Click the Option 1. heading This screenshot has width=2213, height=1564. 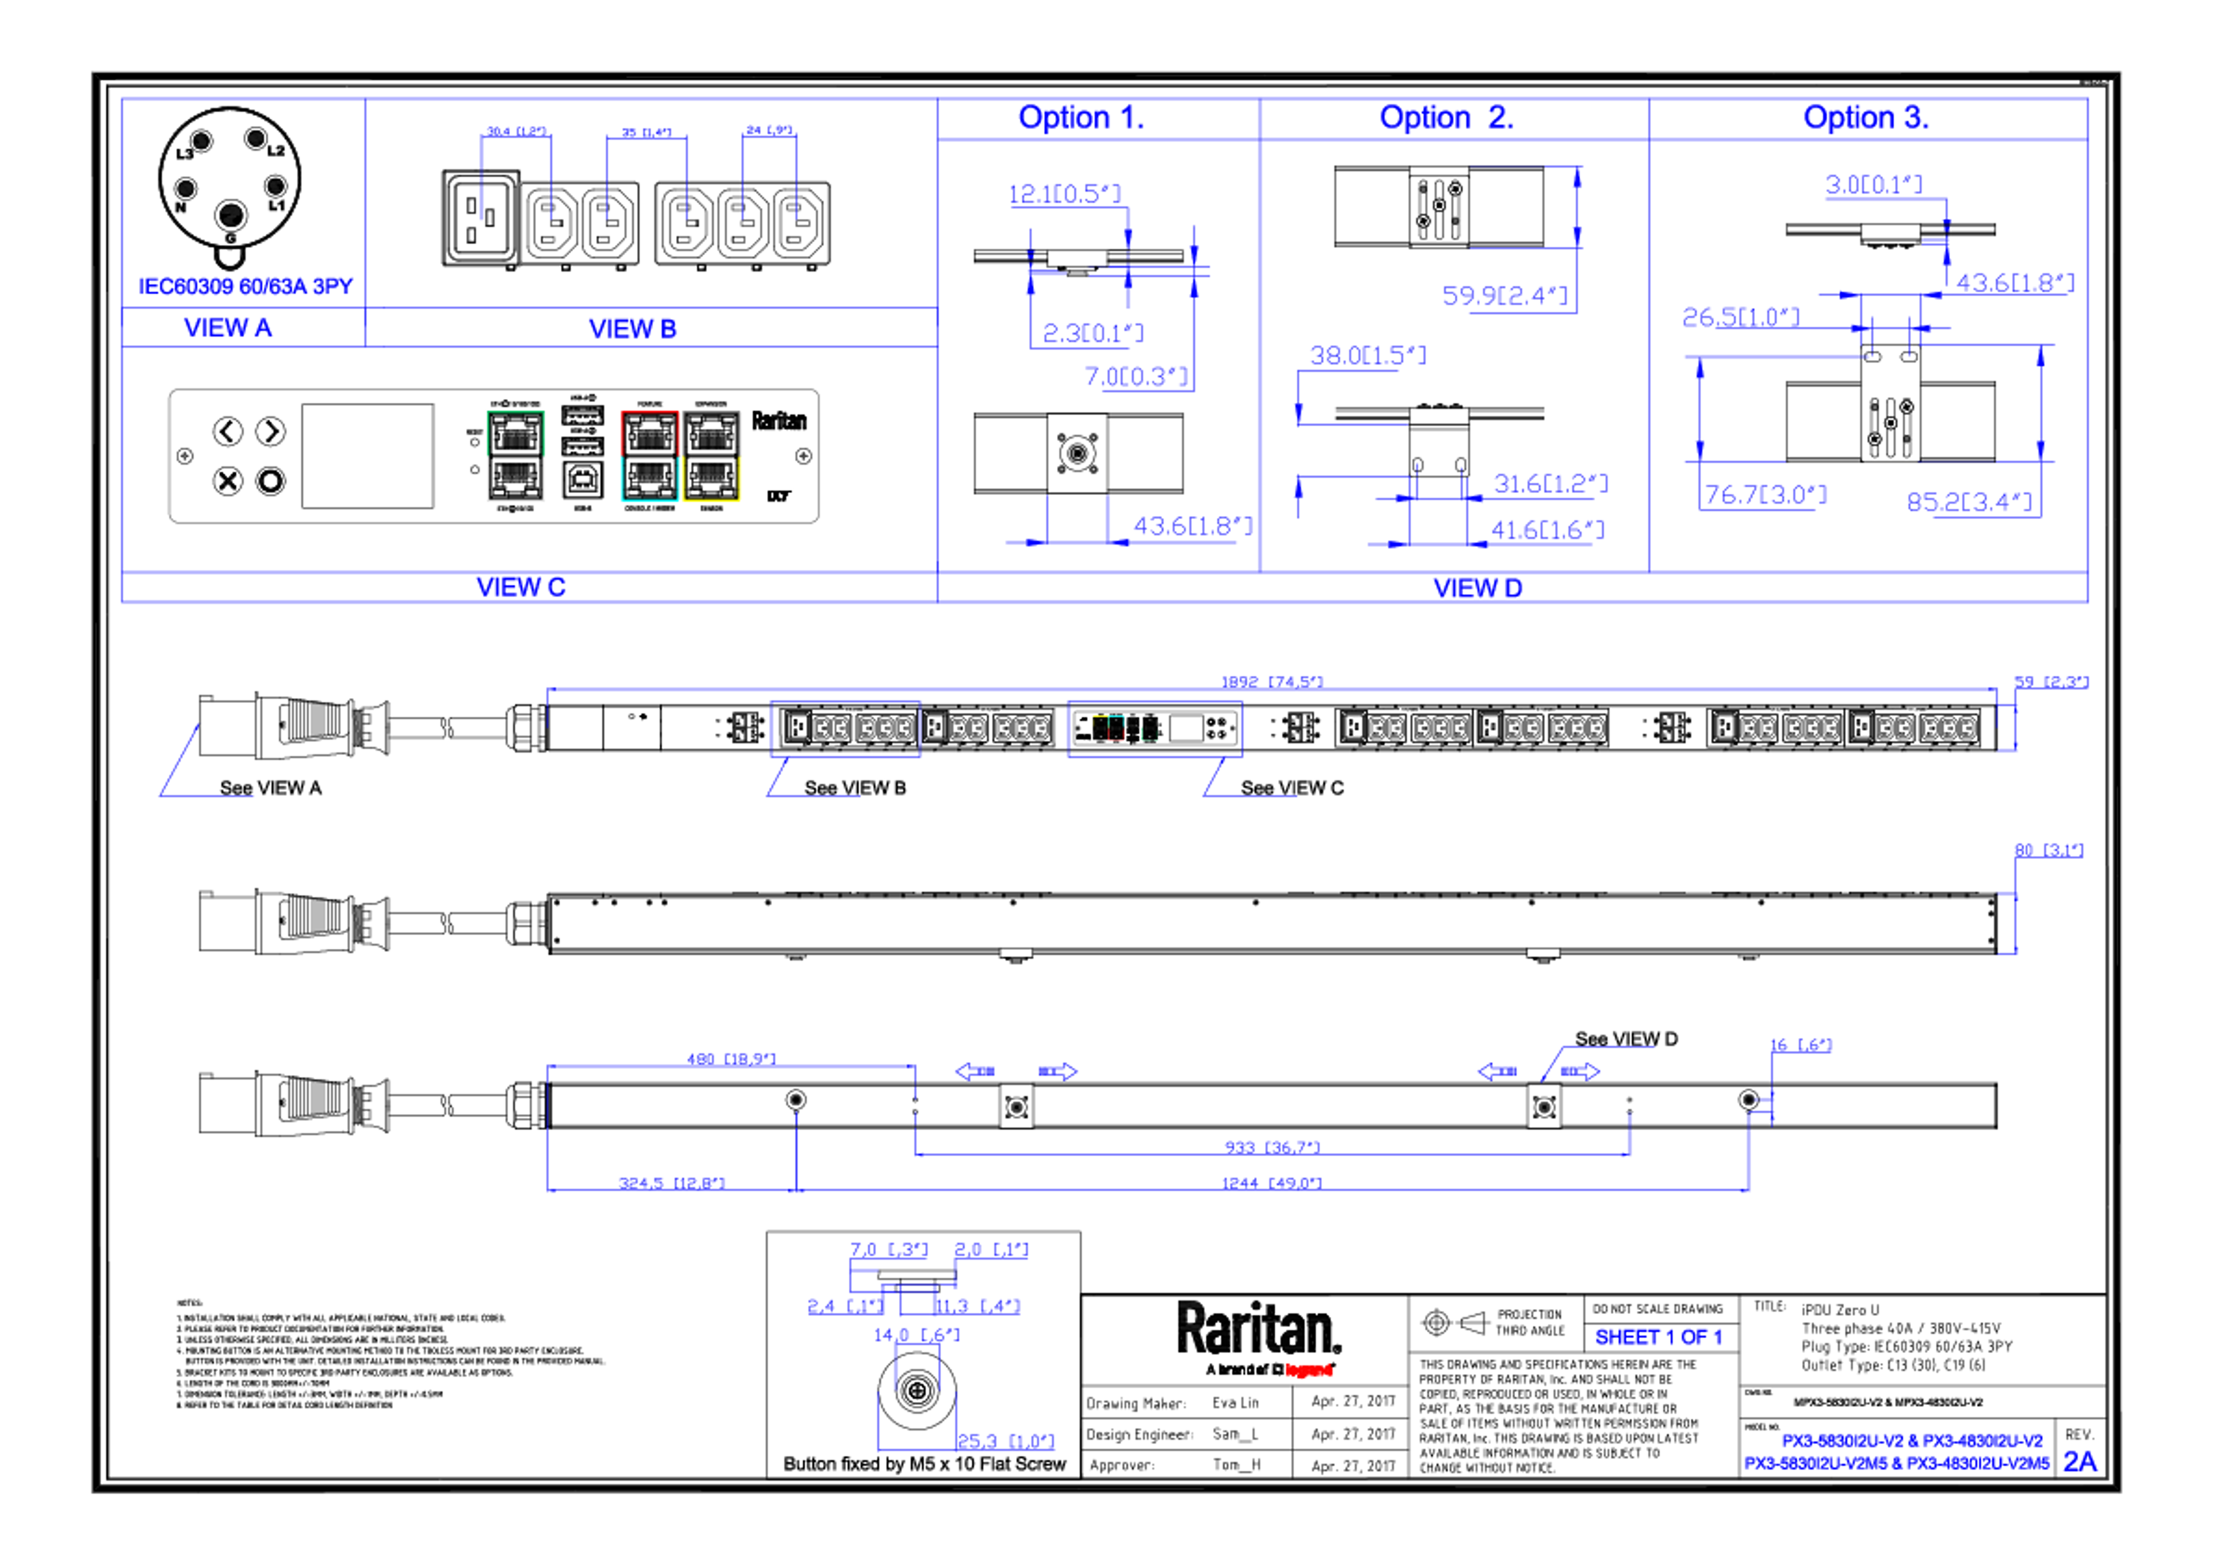1079,118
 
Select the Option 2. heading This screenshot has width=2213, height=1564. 1446,118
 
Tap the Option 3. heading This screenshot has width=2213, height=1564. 1865,118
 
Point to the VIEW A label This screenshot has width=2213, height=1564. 228,328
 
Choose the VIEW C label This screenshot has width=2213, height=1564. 520,587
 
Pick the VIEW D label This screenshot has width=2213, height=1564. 1476,587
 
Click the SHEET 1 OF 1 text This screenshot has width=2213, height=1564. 1658,1338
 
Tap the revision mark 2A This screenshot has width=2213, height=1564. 2079,1462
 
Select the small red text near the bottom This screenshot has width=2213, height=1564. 1309,1370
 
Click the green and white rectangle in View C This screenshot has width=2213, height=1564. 516,456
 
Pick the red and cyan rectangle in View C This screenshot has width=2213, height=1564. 649,456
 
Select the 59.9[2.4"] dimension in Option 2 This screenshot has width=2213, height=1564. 1505,295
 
